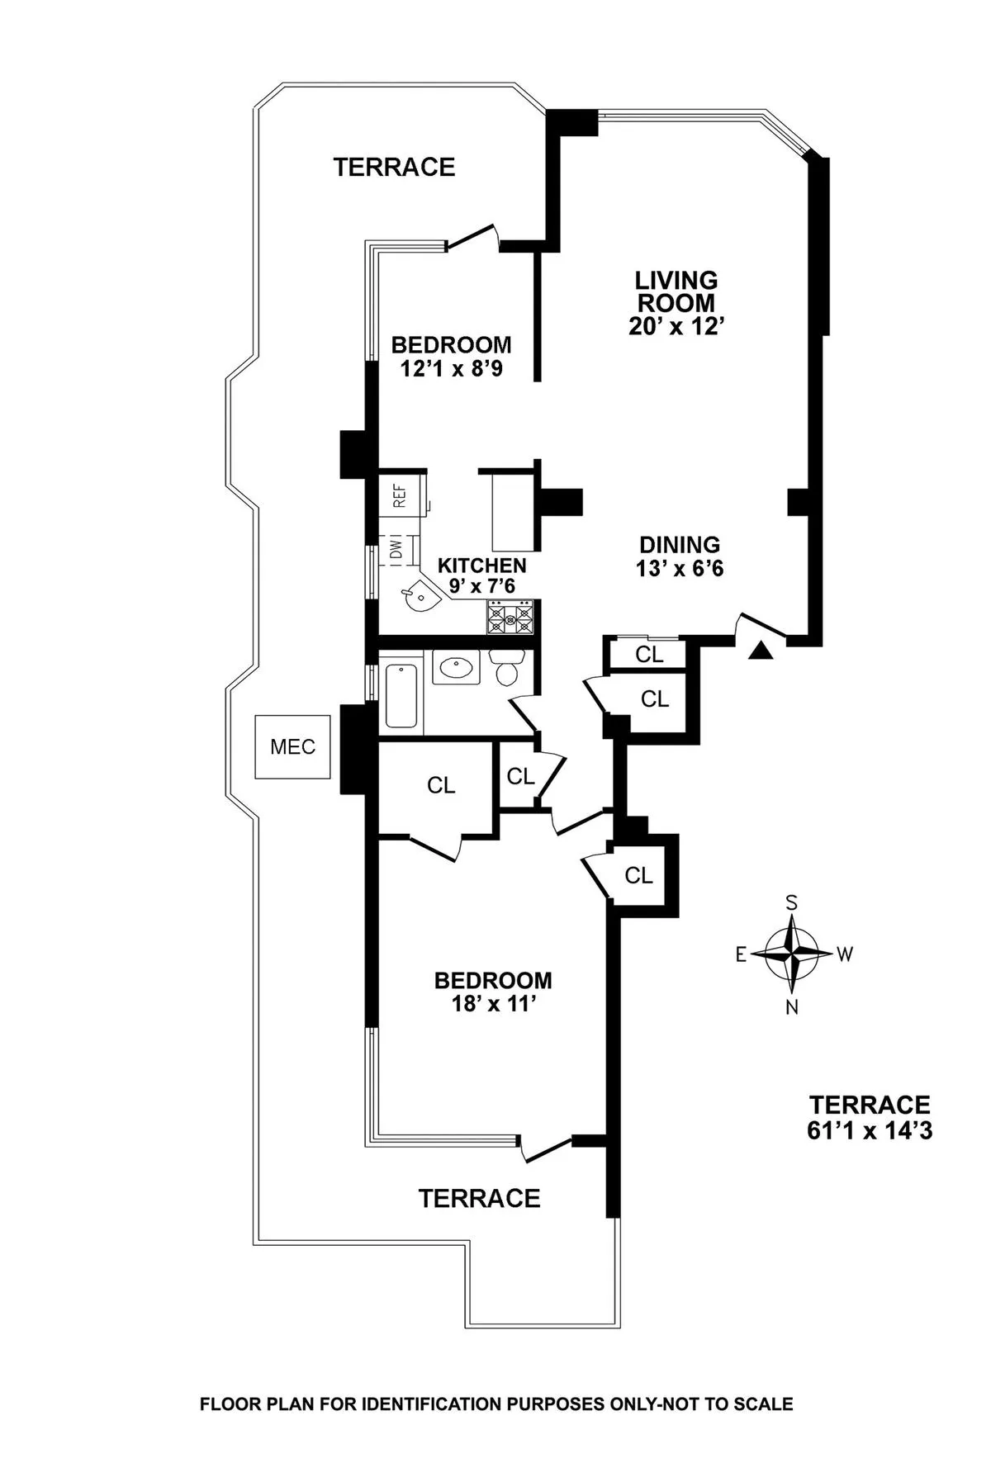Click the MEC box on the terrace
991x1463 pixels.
point(293,746)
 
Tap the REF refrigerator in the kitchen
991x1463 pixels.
point(400,495)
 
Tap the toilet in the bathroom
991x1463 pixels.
point(506,668)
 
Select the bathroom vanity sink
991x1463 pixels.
point(456,667)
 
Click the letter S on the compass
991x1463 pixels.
point(791,902)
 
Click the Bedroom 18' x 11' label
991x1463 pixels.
point(493,992)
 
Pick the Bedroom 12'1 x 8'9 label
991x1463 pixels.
point(451,356)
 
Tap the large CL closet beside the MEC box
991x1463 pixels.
point(440,785)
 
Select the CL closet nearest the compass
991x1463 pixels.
point(638,875)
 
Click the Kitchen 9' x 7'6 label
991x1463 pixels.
point(481,575)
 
